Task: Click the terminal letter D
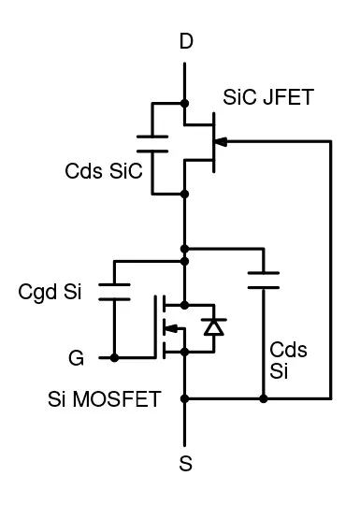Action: [x=186, y=44]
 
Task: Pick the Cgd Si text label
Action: [x=50, y=292]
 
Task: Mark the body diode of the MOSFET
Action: [x=214, y=327]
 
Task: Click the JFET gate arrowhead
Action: [x=222, y=141]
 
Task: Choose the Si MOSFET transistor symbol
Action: [x=173, y=327]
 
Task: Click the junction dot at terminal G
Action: [x=114, y=357]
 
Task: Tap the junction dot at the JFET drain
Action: [x=186, y=103]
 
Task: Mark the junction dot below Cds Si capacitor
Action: [x=264, y=399]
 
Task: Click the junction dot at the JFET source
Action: [x=186, y=193]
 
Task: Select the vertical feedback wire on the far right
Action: [x=332, y=271]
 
